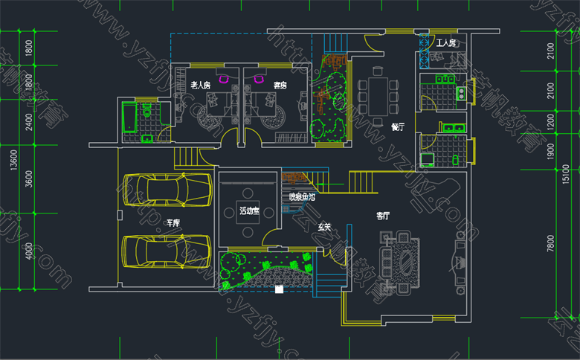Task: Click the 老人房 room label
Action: (x=201, y=86)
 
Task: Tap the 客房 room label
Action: (x=280, y=86)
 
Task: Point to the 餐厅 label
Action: (x=398, y=126)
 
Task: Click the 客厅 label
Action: (x=383, y=216)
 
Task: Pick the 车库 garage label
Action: (x=173, y=222)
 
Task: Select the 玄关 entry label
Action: (x=324, y=226)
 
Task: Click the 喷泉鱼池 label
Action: (x=302, y=198)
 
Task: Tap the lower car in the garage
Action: (x=164, y=250)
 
